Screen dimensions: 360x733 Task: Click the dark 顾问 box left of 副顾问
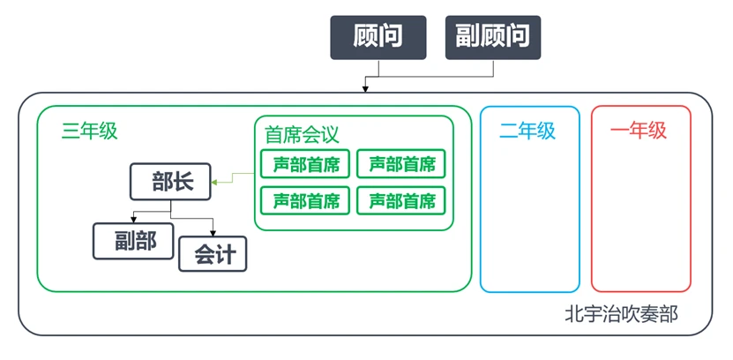pyautogui.click(x=378, y=37)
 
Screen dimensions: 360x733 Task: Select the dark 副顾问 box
pyautogui.click(x=492, y=37)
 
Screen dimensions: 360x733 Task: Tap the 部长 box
pyautogui.click(x=170, y=183)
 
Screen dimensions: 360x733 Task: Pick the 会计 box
pyautogui.click(x=213, y=253)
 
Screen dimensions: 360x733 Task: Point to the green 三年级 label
pyautogui.click(x=89, y=131)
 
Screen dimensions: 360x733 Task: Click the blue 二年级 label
pyautogui.click(x=527, y=131)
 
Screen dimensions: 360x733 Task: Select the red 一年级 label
pyautogui.click(x=639, y=131)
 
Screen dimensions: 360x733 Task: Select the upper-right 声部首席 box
pyautogui.click(x=401, y=163)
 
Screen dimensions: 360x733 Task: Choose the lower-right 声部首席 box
pyautogui.click(x=401, y=200)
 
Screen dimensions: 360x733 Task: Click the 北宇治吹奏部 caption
pyautogui.click(x=622, y=313)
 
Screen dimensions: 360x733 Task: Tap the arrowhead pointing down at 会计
pyautogui.click(x=213, y=231)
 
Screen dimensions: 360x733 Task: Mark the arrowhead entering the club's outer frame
pyautogui.click(x=364, y=88)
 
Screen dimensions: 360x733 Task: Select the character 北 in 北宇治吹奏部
pyautogui.click(x=574, y=313)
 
